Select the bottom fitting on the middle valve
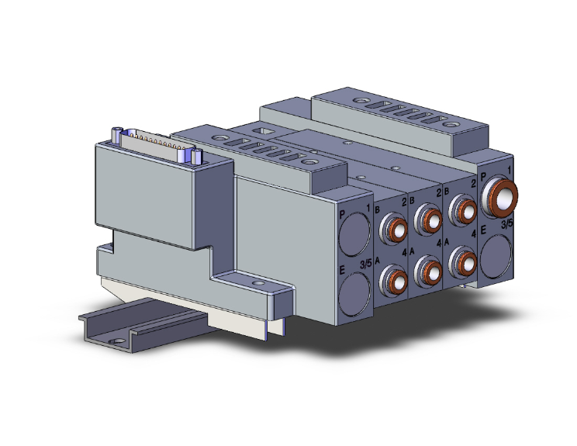click(x=429, y=269)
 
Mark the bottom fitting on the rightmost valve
click(x=462, y=260)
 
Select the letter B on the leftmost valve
click(x=377, y=210)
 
